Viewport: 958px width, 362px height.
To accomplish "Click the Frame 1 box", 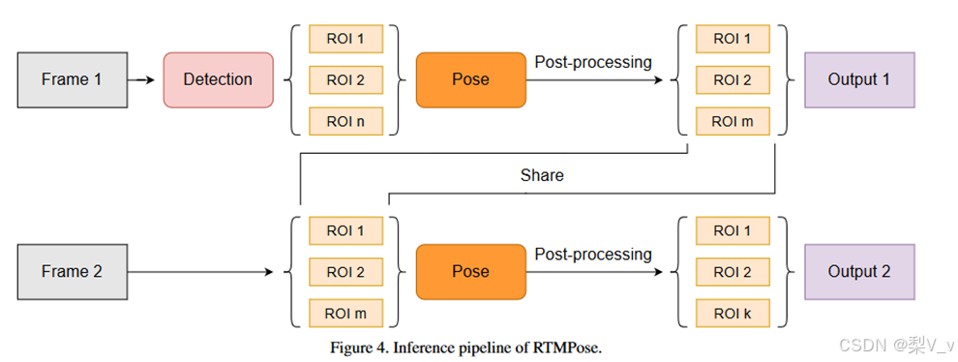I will point(73,79).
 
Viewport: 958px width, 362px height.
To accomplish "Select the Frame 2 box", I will point(73,272).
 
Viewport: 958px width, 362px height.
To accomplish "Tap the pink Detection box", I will point(218,79).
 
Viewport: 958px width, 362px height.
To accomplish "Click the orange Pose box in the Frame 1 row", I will point(471,79).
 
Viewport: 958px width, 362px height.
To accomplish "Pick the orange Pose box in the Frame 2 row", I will point(471,272).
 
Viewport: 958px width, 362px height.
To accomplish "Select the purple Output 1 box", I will point(858,79).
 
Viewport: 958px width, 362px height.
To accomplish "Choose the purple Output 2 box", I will point(858,272).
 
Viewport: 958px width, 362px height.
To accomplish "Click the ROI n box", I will point(345,122).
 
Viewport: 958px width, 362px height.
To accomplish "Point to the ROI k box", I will point(733,314).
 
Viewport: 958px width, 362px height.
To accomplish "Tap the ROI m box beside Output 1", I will point(733,122).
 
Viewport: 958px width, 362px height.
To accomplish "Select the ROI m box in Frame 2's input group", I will point(345,314).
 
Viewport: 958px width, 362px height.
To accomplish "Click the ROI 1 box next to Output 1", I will point(733,39).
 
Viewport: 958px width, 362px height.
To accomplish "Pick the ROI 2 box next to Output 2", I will point(733,272).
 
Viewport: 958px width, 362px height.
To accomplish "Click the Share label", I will point(542,176).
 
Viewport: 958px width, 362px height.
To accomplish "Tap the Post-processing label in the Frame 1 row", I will point(593,62).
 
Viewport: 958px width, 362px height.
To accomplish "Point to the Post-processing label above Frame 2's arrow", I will point(593,255).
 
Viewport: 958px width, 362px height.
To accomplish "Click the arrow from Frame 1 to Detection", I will point(143,79).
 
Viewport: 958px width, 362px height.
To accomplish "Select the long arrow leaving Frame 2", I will point(203,272).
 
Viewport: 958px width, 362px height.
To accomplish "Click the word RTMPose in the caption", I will point(570,348).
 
